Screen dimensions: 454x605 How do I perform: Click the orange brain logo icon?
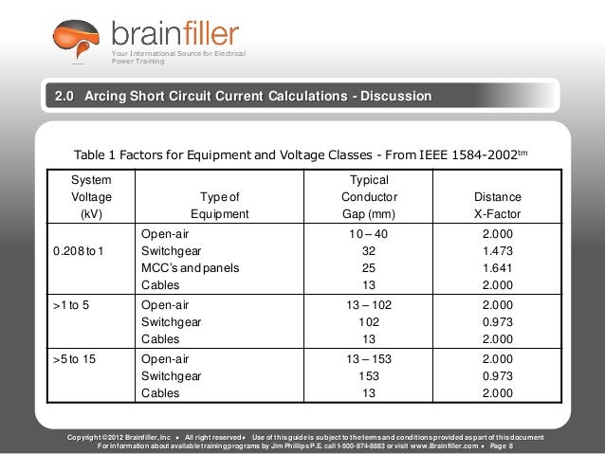(75, 41)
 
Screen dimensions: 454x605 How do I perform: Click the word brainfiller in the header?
(175, 34)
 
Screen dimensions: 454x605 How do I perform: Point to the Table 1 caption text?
(301, 154)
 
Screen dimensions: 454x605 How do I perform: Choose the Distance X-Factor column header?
(497, 205)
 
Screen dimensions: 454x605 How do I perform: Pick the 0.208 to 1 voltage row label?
(81, 251)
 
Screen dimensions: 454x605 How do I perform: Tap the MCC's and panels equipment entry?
(190, 268)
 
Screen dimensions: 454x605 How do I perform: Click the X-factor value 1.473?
(497, 251)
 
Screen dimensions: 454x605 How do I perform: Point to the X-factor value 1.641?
(497, 268)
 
